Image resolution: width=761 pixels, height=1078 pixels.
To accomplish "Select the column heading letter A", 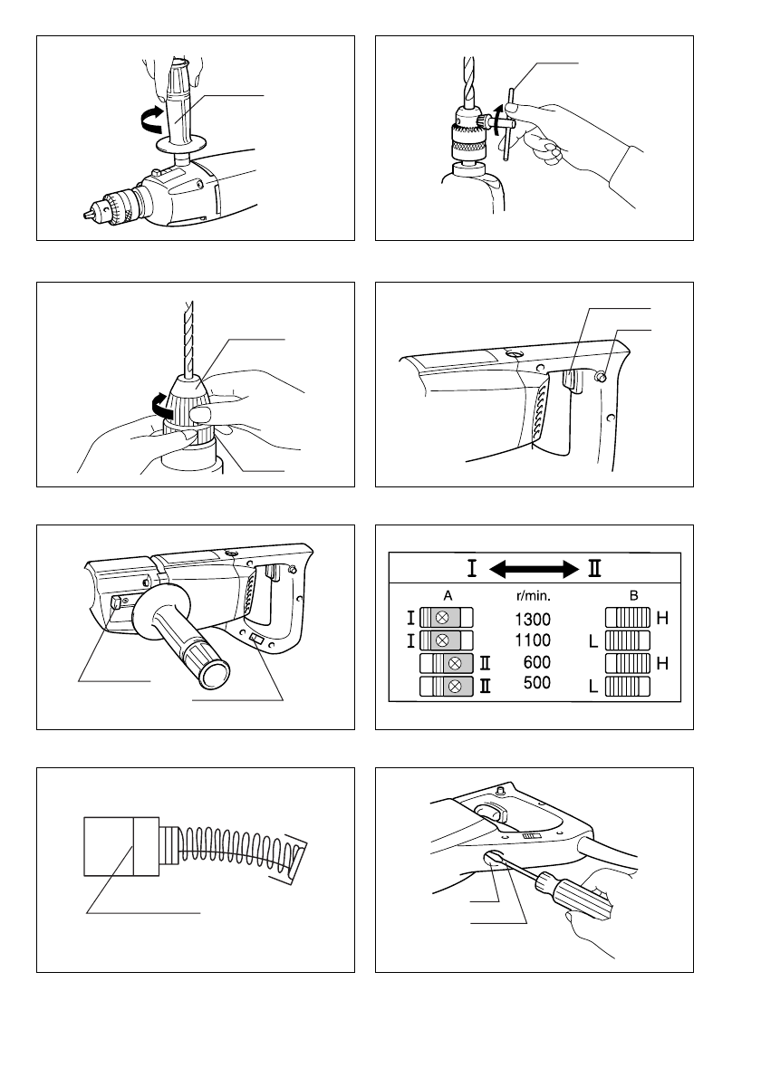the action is coord(446,597).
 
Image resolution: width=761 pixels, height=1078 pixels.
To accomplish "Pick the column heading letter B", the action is coord(632,597).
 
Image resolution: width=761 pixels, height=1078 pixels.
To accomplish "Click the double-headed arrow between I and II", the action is coord(534,570).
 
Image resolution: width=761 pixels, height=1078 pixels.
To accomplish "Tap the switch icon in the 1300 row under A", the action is coord(442,619).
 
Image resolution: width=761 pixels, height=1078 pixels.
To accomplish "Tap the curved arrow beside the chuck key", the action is coord(497,120).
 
